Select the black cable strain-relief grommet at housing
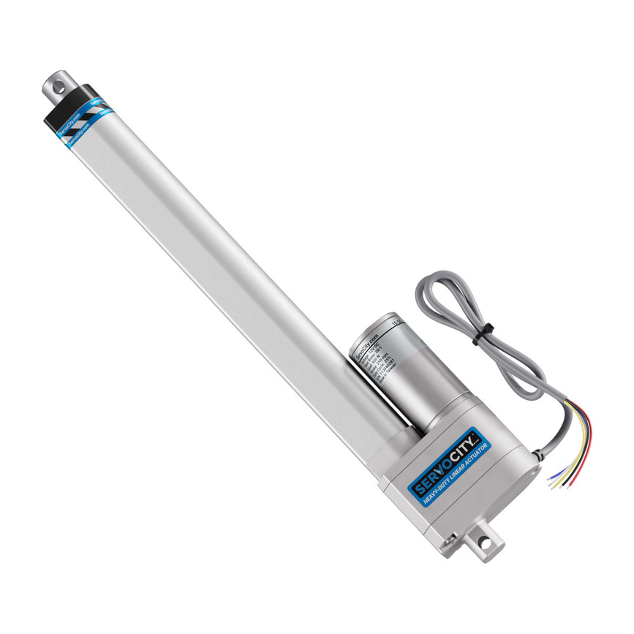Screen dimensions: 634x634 tap(536, 454)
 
